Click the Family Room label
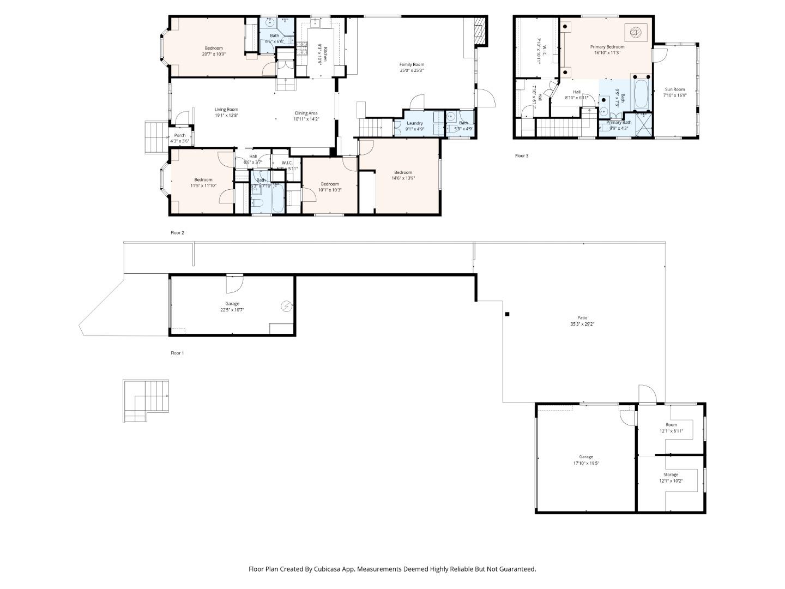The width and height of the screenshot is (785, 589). [x=412, y=64]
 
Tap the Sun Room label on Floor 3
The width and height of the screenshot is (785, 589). [x=674, y=89]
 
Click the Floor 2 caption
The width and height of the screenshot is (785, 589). [x=177, y=233]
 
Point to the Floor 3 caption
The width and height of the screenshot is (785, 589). [x=522, y=156]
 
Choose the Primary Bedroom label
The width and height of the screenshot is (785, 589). [x=607, y=47]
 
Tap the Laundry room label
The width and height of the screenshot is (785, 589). [x=415, y=123]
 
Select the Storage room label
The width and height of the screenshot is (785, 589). [x=671, y=475]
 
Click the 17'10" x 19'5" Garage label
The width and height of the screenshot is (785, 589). [x=586, y=457]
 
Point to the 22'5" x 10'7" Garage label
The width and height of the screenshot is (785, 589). [x=232, y=304]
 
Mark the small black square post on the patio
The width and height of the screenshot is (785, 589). [x=507, y=314]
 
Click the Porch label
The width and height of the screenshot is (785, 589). [x=180, y=135]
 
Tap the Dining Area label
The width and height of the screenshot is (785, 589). [x=306, y=113]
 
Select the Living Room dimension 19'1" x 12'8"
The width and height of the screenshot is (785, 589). [x=226, y=115]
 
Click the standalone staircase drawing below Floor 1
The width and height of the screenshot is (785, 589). [x=146, y=401]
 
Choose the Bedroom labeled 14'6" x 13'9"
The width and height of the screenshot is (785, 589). [x=403, y=172]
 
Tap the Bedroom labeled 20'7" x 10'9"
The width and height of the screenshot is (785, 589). [x=214, y=48]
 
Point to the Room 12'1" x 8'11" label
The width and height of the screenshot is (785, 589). [x=671, y=425]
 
